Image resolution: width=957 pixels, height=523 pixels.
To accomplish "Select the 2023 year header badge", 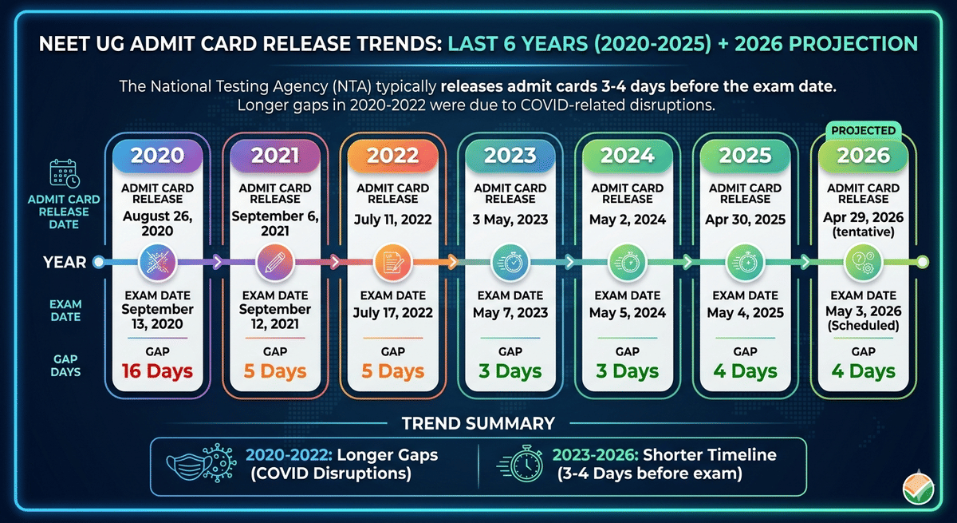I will (510, 155).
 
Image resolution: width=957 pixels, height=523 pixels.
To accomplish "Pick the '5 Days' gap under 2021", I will (274, 371).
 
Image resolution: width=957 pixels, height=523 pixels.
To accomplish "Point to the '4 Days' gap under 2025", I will (745, 371).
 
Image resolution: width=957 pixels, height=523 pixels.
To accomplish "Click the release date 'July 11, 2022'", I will (392, 219).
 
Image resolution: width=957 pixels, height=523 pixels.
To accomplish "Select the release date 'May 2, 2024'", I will (627, 219).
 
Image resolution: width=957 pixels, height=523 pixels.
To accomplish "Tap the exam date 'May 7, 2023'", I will (510, 313).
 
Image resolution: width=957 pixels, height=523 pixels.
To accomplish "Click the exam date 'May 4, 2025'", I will (745, 313).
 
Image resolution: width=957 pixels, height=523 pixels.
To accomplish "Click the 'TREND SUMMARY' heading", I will (478, 423).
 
